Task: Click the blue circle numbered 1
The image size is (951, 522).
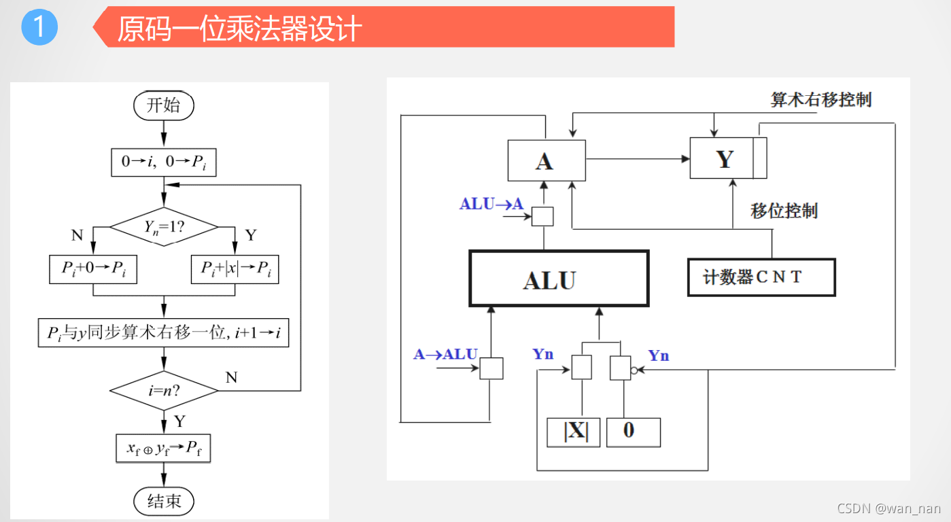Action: (x=39, y=27)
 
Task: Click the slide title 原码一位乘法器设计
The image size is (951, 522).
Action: (x=239, y=29)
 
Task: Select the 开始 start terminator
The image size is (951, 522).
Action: (x=164, y=105)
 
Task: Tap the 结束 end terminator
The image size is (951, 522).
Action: (x=164, y=501)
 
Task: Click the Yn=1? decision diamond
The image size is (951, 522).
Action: (x=164, y=226)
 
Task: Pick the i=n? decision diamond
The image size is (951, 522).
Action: (x=164, y=390)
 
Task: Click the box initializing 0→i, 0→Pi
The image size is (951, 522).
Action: (x=164, y=162)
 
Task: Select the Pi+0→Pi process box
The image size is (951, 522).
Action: (x=92, y=269)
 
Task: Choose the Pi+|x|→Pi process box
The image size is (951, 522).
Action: (x=235, y=269)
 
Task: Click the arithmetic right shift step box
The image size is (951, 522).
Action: (x=164, y=333)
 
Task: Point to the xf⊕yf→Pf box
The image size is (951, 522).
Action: (x=164, y=447)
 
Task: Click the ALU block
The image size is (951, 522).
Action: (x=559, y=279)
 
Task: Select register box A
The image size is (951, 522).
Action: (x=547, y=160)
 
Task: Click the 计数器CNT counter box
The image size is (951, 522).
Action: (x=761, y=277)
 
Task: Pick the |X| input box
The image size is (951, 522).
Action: (x=573, y=432)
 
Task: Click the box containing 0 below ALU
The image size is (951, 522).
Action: (x=633, y=432)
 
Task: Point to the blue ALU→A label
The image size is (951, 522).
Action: (x=491, y=204)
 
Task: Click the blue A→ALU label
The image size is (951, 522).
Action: (x=445, y=354)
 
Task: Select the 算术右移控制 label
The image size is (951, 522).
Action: (x=820, y=100)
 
